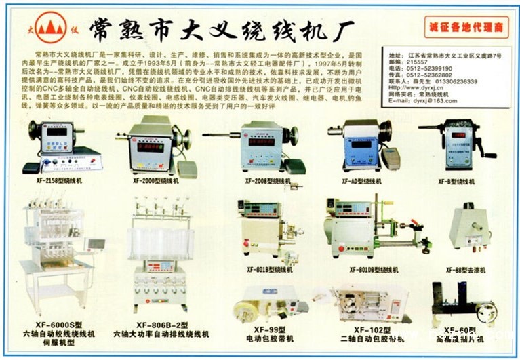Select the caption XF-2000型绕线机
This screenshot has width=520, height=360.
(x=156, y=181)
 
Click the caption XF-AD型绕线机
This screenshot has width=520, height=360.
(x=359, y=181)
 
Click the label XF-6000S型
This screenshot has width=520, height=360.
(x=62, y=325)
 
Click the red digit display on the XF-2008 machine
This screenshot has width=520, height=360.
(x=261, y=142)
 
